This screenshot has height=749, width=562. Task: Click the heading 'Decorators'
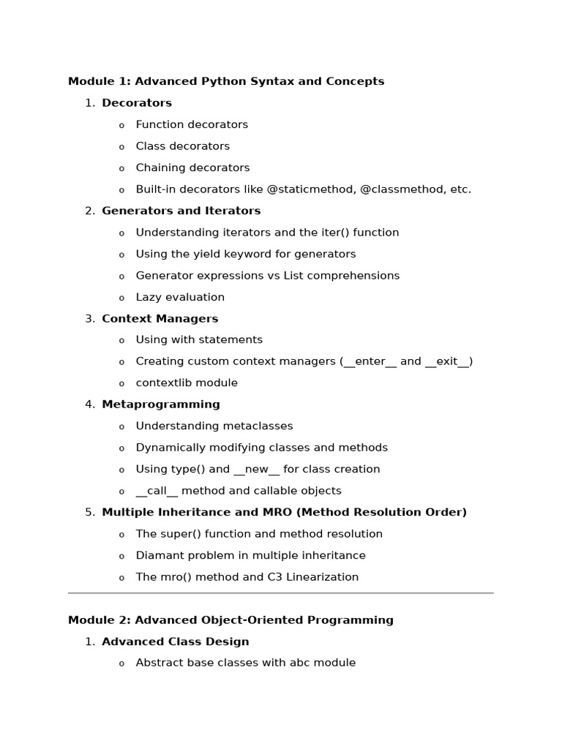[137, 103]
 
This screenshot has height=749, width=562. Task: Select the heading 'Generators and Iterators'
[181, 211]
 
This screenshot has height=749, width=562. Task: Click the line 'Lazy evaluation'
[180, 297]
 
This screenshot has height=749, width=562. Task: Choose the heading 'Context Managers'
[160, 319]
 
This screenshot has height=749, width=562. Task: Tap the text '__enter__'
[370, 361]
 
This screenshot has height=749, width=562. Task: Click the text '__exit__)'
[449, 361]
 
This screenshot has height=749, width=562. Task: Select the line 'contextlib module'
[187, 383]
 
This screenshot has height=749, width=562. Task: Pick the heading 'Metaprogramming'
[160, 404]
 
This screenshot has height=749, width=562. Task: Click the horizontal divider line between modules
[281, 593]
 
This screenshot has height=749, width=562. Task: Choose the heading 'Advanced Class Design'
[175, 641]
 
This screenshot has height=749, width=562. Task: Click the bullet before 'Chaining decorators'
[121, 169]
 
